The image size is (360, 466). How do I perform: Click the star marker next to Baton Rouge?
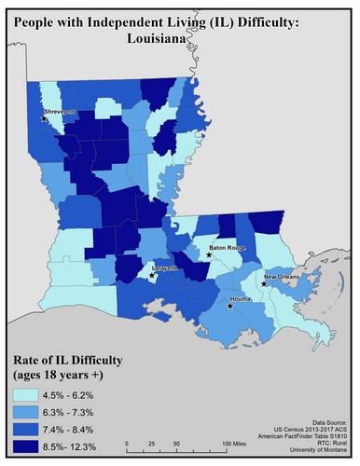[209, 254]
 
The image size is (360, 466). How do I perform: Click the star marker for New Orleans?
[265, 283]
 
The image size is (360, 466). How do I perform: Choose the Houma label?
[244, 299]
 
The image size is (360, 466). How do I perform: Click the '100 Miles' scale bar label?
[240, 442]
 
